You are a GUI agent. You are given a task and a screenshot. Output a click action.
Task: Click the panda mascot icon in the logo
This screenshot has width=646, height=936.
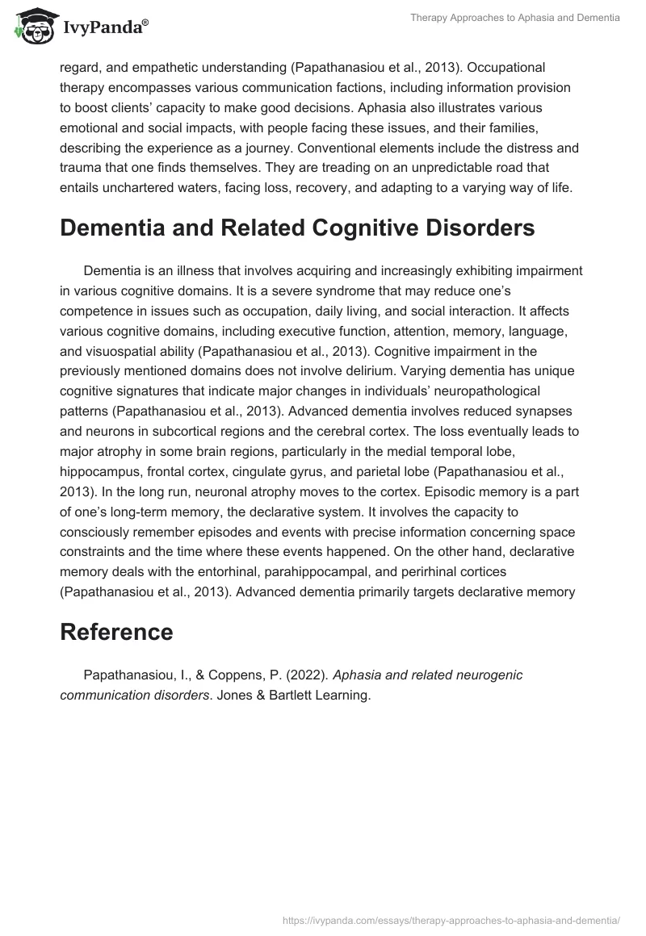pyautogui.click(x=31, y=26)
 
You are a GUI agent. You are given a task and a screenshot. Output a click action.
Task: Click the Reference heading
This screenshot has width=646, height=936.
pyautogui.click(x=116, y=632)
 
